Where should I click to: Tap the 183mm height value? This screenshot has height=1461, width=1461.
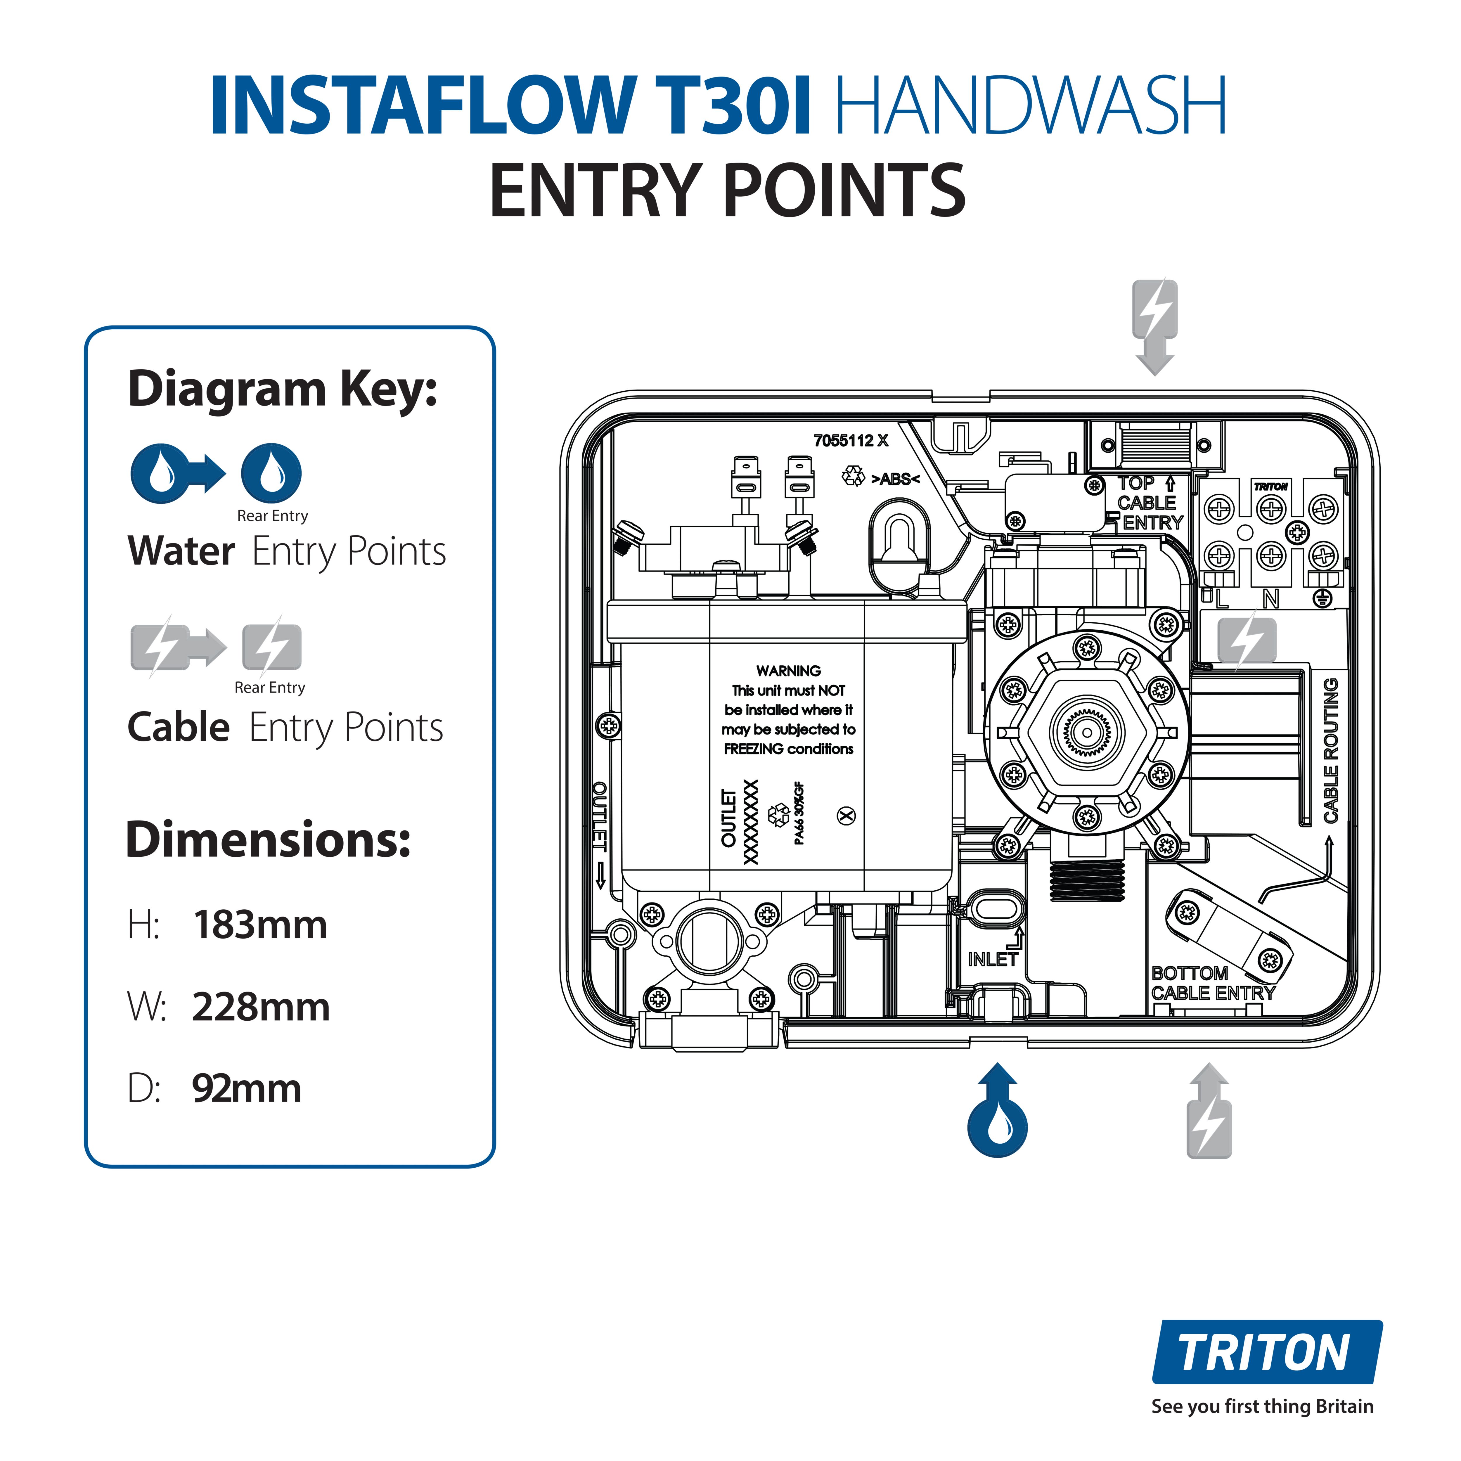point(260,925)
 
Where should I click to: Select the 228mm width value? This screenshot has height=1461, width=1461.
point(261,1007)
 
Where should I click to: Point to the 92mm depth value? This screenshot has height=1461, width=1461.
point(247,1089)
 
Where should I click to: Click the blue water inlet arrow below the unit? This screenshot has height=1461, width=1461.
point(998,1112)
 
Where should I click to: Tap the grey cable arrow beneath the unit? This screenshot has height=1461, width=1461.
point(1209,1112)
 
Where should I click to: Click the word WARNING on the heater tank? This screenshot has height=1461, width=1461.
point(788,671)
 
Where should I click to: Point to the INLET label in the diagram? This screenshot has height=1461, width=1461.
point(992,960)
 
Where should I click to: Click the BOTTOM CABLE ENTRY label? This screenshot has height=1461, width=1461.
point(1212,983)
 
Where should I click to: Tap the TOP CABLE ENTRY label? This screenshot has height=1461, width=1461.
point(1148,503)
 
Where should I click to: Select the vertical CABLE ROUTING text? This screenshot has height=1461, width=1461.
point(1331,750)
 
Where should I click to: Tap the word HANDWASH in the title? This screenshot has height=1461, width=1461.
point(1030,106)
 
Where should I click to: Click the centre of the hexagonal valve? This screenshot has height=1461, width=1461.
point(1087,732)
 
